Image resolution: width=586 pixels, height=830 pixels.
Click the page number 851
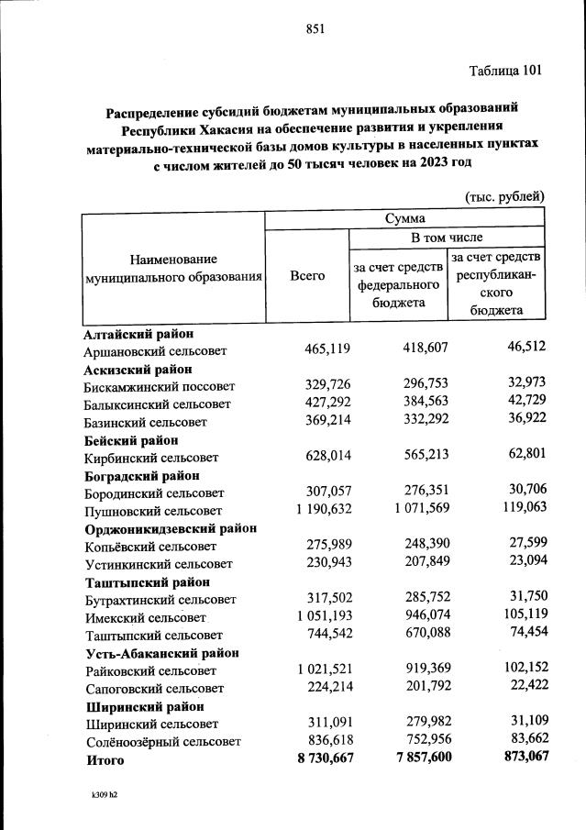(x=315, y=28)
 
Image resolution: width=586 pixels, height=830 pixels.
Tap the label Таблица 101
(x=506, y=72)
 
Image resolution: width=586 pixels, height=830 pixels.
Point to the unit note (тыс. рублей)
(x=505, y=195)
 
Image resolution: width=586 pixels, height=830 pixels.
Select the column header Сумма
(x=404, y=219)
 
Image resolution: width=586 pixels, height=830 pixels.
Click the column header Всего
(x=307, y=275)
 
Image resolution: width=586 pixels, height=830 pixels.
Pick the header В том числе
(x=447, y=238)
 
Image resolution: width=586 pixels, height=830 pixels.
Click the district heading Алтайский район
(x=138, y=335)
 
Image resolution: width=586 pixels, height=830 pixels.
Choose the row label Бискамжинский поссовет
(x=160, y=387)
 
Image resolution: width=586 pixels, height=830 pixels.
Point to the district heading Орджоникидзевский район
(x=171, y=528)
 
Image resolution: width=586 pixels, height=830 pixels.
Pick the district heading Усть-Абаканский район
(x=162, y=653)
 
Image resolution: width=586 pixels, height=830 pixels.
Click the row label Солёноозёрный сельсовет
(x=163, y=741)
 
